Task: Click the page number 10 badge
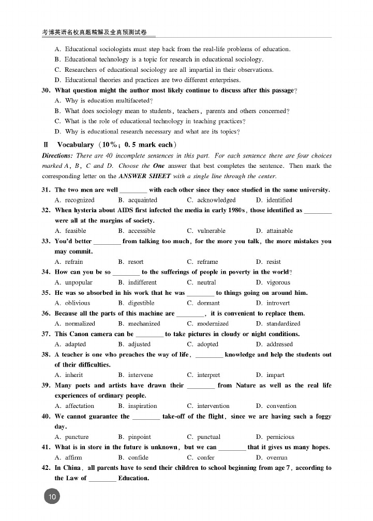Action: (x=52, y=496)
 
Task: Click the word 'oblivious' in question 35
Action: (x=77, y=303)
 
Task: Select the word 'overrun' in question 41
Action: (x=277, y=457)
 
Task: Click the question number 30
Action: (x=46, y=90)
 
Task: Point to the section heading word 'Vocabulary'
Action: (x=75, y=145)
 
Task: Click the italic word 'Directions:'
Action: (x=57, y=155)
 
